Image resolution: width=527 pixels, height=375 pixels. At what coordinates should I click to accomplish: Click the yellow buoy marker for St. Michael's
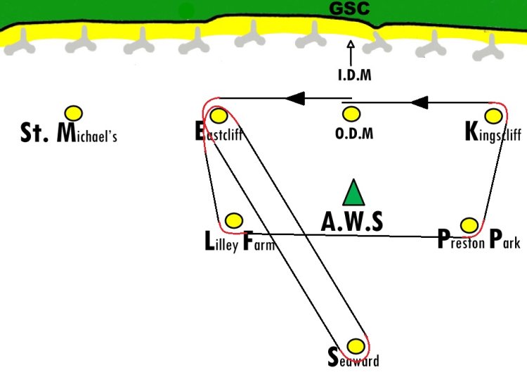click(74, 113)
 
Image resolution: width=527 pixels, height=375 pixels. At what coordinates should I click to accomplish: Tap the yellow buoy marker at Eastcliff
click(219, 115)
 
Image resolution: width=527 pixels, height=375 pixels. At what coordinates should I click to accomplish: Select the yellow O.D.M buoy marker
click(351, 114)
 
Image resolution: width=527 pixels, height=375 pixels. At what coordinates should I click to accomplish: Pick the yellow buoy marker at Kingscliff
click(493, 116)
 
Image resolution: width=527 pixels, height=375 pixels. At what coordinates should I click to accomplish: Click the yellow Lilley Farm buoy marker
click(233, 221)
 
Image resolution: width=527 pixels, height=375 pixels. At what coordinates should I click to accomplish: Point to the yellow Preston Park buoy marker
click(469, 225)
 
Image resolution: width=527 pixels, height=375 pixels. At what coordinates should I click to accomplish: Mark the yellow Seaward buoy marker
click(356, 345)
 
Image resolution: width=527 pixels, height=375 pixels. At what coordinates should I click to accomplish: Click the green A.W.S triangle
click(353, 193)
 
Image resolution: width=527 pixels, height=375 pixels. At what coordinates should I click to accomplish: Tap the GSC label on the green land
click(349, 8)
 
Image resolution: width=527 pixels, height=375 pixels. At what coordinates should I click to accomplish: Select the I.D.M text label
click(355, 75)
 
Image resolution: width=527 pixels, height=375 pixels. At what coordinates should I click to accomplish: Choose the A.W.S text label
click(351, 222)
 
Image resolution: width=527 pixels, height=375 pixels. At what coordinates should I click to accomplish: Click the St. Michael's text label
click(69, 133)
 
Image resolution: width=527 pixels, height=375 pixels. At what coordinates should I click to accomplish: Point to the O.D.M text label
click(354, 134)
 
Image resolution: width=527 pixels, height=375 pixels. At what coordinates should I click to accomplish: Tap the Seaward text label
click(353, 358)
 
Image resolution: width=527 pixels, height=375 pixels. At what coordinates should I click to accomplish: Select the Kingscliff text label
click(493, 132)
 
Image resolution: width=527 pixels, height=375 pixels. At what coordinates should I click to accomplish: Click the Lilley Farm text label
click(240, 241)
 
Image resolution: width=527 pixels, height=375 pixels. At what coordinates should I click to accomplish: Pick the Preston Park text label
click(479, 239)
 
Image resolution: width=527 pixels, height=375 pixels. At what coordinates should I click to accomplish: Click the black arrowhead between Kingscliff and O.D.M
click(419, 102)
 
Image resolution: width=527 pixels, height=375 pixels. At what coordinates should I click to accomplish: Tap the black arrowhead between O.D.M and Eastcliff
click(295, 98)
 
